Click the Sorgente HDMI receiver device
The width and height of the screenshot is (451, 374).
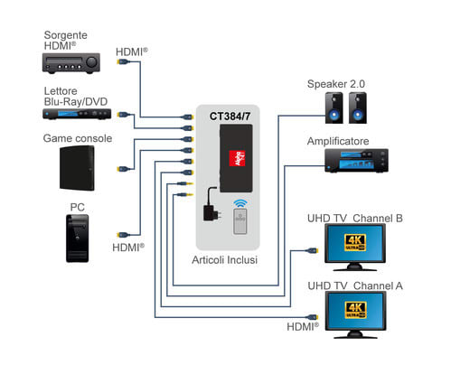[71, 63]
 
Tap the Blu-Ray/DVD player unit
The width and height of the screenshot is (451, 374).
[77, 114]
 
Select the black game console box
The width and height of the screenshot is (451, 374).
[77, 168]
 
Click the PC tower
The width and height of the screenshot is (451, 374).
[78, 238]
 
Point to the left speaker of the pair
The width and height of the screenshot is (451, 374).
[334, 108]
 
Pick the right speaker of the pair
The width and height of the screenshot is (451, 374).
[358, 108]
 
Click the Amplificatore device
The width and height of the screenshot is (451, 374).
[356, 161]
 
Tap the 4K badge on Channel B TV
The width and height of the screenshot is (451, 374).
[355, 243]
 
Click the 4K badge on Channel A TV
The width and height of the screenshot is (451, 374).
[355, 310]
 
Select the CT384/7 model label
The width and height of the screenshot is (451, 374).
[230, 117]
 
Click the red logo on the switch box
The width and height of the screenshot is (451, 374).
[237, 158]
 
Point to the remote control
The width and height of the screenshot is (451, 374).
[240, 221]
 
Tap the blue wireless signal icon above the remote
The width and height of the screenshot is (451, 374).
[240, 203]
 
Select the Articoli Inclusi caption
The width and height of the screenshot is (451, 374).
[225, 260]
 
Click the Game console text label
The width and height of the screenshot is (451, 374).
[78, 138]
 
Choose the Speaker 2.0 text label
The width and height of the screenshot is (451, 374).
[336, 84]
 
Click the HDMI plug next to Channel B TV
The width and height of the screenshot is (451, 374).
[312, 250]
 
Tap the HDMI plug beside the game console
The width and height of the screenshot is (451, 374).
[124, 169]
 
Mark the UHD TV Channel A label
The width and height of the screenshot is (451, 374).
[355, 285]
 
